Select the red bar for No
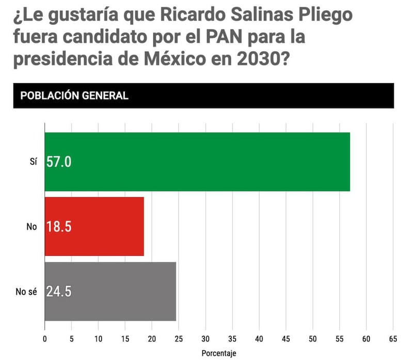point(94,226)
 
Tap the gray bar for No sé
point(110,291)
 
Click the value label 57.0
point(59,162)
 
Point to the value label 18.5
point(59,226)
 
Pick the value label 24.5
point(59,291)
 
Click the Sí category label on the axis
point(33,162)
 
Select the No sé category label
point(27,291)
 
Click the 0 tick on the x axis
point(45,339)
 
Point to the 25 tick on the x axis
point(179,339)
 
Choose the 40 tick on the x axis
point(259,339)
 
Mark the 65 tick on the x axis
point(393,339)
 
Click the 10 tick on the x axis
point(98,339)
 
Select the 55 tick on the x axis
point(340,339)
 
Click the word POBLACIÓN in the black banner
point(51,96)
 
